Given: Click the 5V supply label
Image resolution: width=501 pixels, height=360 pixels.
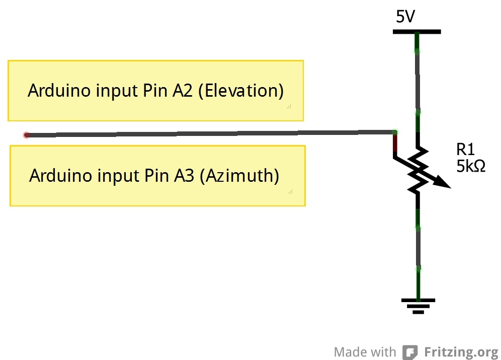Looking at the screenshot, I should (x=405, y=17).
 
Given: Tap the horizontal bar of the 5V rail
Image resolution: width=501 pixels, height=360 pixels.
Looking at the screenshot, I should (x=416, y=32).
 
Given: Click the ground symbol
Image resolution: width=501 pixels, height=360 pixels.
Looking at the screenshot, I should (x=418, y=305).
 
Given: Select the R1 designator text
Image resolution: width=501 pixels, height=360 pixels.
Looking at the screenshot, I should (x=465, y=149).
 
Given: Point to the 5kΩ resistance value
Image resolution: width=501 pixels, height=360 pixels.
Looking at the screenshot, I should (x=471, y=166).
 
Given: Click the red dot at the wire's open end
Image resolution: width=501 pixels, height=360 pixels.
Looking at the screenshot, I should (x=27, y=135).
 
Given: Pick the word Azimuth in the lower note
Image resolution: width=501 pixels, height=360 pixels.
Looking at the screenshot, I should (x=239, y=176).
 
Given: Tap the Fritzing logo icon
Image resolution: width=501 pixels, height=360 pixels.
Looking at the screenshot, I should (x=410, y=351).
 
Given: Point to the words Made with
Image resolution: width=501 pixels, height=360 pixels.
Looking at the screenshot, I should (x=365, y=351).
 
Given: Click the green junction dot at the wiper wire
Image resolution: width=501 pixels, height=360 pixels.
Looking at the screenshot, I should (x=395, y=132).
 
